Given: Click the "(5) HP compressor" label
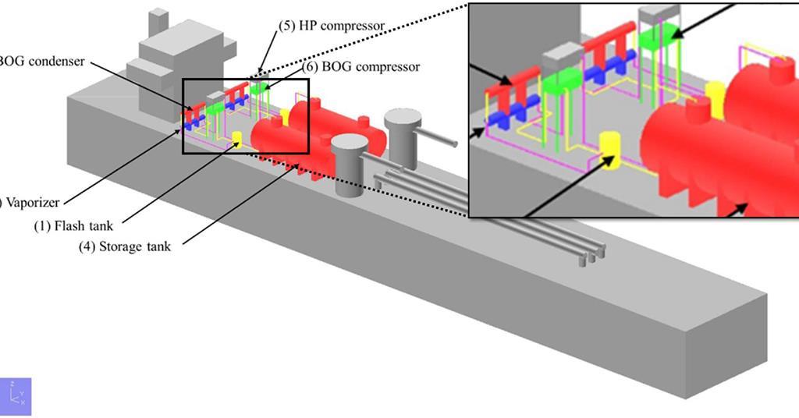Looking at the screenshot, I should (x=331, y=25).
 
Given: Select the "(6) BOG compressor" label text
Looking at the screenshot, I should (x=361, y=66).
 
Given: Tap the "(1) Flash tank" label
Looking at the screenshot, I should (x=73, y=226).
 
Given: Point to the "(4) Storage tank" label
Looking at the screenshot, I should (x=124, y=246).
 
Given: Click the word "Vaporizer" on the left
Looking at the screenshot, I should (x=32, y=202).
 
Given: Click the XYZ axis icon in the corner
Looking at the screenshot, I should (x=16, y=396).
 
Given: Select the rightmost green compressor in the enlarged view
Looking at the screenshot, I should (x=657, y=37).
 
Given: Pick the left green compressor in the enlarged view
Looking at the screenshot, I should (x=562, y=79).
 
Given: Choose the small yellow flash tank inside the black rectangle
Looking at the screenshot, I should (x=237, y=139).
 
